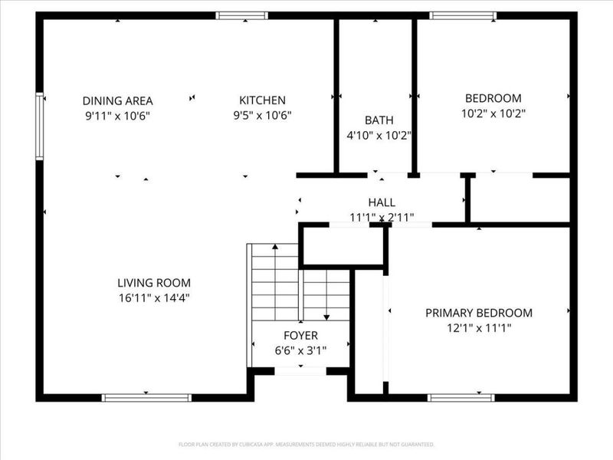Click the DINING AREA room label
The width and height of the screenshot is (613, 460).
click(118, 101)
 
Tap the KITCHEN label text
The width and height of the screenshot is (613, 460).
click(262, 100)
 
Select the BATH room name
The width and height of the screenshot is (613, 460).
click(379, 120)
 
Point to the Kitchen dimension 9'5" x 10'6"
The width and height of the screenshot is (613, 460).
click(262, 116)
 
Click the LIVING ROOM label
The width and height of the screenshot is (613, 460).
click(154, 283)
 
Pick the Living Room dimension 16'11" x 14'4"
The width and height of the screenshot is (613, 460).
click(154, 298)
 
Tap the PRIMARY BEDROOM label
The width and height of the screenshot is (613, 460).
click(479, 313)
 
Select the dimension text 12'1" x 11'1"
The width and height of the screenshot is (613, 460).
click(479, 328)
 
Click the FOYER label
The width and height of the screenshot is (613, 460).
click(300, 336)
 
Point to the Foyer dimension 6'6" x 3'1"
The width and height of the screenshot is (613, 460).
click(300, 350)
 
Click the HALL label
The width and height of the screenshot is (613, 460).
click(382, 202)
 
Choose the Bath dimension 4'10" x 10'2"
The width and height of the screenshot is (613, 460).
click(379, 136)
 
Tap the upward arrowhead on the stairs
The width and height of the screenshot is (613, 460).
click(275, 247)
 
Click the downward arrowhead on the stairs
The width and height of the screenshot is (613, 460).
click(326, 317)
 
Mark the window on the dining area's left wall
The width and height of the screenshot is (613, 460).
click(40, 127)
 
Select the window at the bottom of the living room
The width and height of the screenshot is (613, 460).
click(146, 398)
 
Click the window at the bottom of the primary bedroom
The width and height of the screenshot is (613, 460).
click(461, 398)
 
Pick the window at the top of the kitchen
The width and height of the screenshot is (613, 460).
click(242, 15)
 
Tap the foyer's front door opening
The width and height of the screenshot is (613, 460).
click(300, 371)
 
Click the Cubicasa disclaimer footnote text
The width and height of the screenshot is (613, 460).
click(306, 445)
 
